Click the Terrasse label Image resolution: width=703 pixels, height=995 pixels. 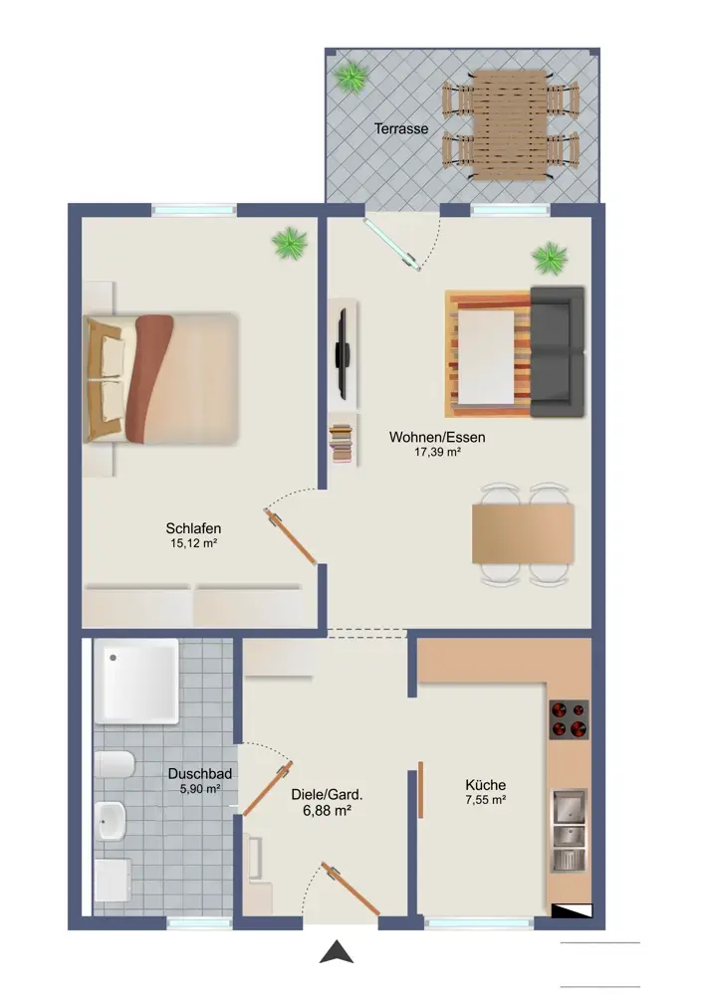(400, 128)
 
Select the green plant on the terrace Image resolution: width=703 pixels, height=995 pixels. (351, 78)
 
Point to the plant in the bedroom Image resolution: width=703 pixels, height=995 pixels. (290, 243)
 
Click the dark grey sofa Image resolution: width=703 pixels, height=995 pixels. (557, 352)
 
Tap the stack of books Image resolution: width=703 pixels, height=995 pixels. (341, 443)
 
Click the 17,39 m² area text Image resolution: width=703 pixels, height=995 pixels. (437, 453)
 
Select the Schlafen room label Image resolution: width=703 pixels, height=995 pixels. (193, 528)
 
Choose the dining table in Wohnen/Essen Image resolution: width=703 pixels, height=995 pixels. (523, 533)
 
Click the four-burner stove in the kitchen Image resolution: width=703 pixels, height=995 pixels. (569, 719)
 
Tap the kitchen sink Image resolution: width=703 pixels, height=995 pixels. (569, 830)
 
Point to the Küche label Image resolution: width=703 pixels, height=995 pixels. (485, 785)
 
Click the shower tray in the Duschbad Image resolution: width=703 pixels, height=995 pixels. (135, 681)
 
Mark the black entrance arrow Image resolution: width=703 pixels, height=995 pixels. (336, 952)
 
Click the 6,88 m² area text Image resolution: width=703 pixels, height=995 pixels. (327, 810)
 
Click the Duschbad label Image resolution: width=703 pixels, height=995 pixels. (199, 773)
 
